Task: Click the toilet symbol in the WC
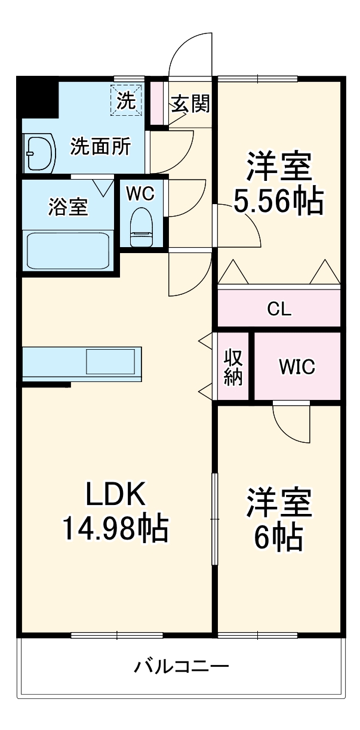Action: pyautogui.click(x=141, y=226)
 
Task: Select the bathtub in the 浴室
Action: pyautogui.click(x=67, y=250)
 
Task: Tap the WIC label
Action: pyautogui.click(x=297, y=366)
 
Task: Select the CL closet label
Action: pyautogui.click(x=279, y=309)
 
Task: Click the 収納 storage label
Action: pyautogui.click(x=233, y=366)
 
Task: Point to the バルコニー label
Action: pyautogui.click(x=181, y=666)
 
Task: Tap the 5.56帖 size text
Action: pyautogui.click(x=279, y=201)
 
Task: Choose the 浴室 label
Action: pyautogui.click(x=67, y=207)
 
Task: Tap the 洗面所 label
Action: pyautogui.click(x=100, y=146)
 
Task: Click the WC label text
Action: pyautogui.click(x=141, y=193)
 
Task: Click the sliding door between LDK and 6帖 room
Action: pyautogui.click(x=214, y=519)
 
